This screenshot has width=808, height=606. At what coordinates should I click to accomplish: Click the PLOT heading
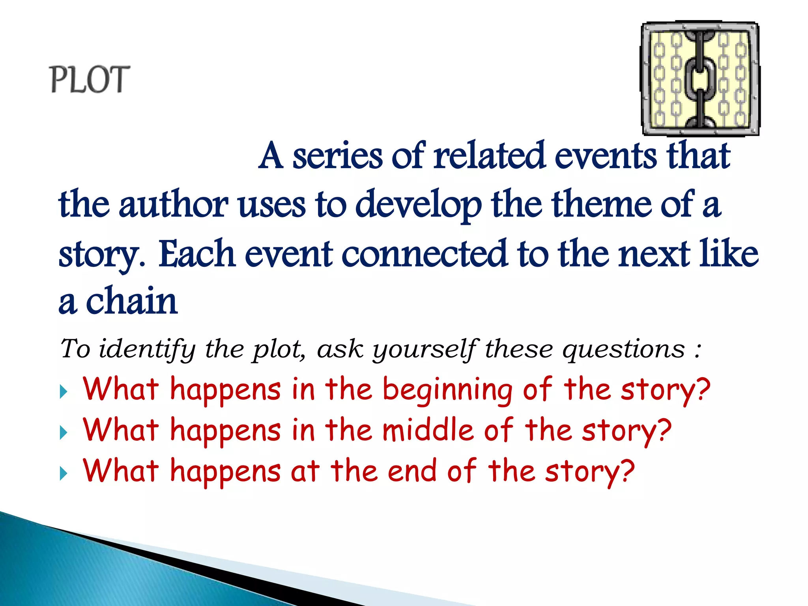tap(90, 79)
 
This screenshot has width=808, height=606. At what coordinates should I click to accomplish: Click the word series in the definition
tap(337, 156)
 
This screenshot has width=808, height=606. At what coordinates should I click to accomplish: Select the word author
tap(173, 204)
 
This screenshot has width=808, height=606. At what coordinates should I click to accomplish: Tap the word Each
tap(197, 254)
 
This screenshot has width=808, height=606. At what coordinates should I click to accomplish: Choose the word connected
tap(424, 254)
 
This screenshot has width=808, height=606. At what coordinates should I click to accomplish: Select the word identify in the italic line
tap(147, 350)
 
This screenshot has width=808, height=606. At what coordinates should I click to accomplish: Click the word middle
tap(428, 430)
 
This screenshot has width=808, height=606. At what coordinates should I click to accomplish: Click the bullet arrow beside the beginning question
tap(63, 392)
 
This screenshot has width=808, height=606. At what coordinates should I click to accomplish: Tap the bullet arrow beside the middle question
tap(63, 433)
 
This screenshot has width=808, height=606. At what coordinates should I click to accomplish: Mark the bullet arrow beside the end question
tap(63, 473)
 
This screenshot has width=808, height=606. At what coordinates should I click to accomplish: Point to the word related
tap(489, 156)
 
